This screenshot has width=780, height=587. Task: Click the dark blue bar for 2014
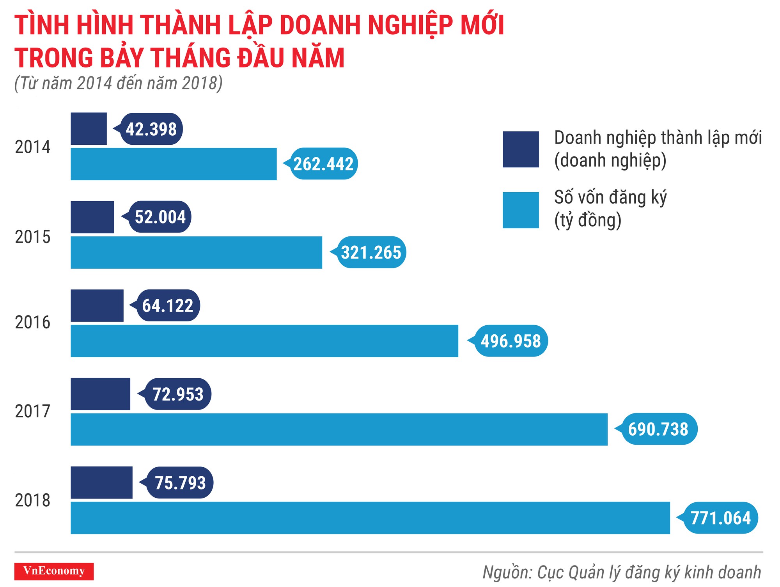[x=89, y=129]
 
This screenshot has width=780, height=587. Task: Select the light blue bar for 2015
[x=196, y=252]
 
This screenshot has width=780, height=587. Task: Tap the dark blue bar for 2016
[x=97, y=305]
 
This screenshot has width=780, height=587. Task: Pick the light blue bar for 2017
[x=339, y=429]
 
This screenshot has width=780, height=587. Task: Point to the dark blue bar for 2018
[x=101, y=482]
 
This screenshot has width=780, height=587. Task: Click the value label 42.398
[x=151, y=129]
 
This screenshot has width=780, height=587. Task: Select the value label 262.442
[x=324, y=164]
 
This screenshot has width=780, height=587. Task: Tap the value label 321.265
[x=371, y=252]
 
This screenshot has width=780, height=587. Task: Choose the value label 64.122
[x=168, y=305]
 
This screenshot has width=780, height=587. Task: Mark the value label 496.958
[x=511, y=341]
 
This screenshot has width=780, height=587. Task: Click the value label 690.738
[x=658, y=429]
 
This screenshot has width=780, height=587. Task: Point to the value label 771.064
[x=720, y=518]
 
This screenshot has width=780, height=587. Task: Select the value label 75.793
[x=180, y=482]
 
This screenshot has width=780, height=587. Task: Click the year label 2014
[x=33, y=147]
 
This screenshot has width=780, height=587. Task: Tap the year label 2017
[x=33, y=411]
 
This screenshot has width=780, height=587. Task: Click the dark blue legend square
[x=521, y=149]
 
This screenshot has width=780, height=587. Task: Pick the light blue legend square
[x=521, y=210]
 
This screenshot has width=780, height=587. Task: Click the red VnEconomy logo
[x=54, y=571]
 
